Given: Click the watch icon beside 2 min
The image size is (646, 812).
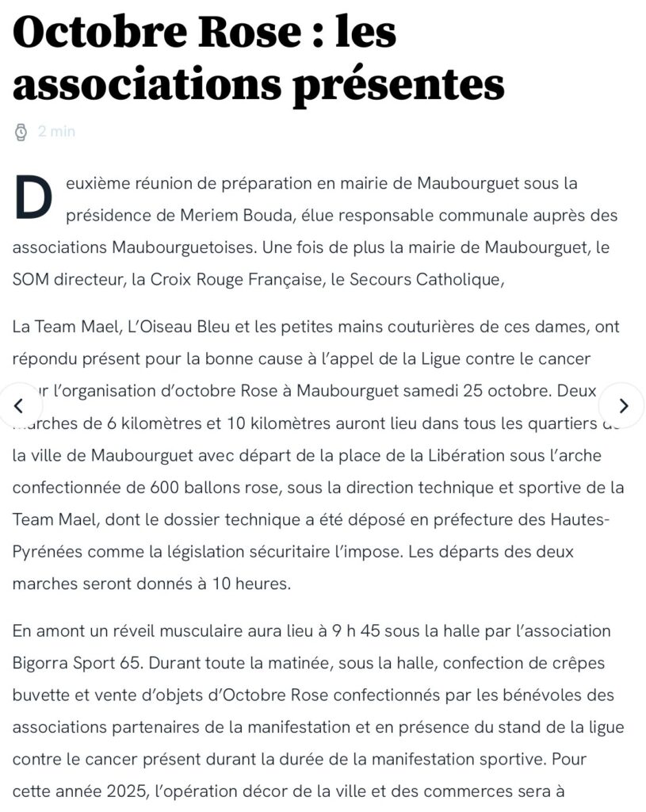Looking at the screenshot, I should pos(21,132).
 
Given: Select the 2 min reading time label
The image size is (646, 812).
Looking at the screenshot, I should pos(56,132).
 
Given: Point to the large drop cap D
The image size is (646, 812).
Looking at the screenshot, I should pos(32,198).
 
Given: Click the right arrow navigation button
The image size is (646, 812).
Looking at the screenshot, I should pos(623,406).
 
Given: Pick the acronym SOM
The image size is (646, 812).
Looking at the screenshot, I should pos(29,279).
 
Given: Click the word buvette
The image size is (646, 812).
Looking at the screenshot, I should pos(40,695).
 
